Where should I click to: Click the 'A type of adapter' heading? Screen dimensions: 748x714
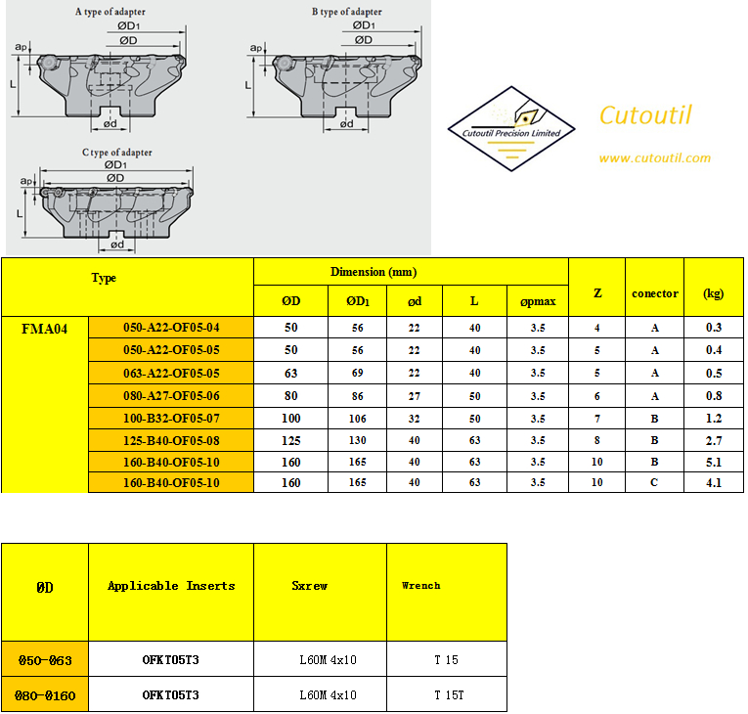pos(110,12)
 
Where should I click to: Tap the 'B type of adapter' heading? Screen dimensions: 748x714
pos(347,12)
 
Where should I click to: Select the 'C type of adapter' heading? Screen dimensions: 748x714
pos(117,153)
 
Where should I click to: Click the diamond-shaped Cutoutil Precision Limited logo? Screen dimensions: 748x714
pos(511,128)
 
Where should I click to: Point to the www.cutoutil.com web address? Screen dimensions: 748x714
pos(654,158)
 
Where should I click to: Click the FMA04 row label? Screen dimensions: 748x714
pos(44,329)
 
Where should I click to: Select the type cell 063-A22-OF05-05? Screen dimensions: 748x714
pos(171,374)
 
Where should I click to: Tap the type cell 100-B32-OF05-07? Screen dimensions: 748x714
pos(171,419)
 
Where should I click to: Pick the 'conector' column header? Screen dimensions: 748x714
pos(654,293)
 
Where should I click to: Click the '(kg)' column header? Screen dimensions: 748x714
pos(713,293)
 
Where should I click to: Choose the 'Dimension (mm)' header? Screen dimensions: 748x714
pos(374,272)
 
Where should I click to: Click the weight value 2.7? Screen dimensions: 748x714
pos(714,440)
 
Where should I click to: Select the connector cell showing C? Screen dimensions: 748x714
pos(654,482)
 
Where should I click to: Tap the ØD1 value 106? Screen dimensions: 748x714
pos(357,419)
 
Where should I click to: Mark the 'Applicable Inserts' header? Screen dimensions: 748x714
pos(171,586)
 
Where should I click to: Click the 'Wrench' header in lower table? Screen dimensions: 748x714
pos(420,586)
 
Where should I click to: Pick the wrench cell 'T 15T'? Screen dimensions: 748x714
pos(449,694)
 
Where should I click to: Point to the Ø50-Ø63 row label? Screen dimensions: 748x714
pos(45,660)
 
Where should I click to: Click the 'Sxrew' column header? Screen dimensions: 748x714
pos(310,586)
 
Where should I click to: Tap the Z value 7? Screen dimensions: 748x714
pos(596,419)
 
